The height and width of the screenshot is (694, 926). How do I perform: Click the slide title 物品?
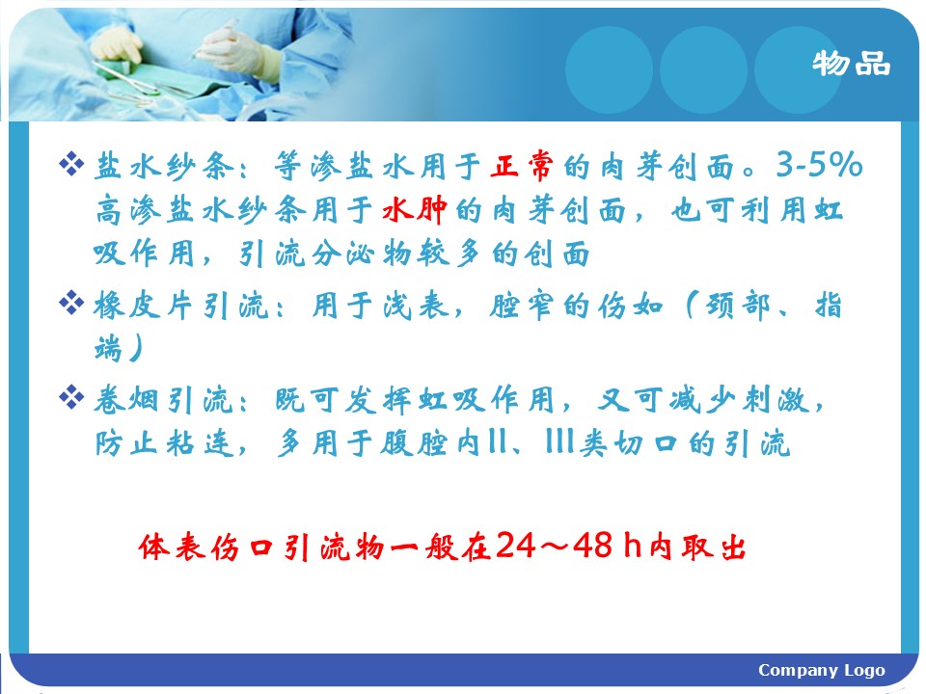851,64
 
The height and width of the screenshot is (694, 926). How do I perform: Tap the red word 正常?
522,165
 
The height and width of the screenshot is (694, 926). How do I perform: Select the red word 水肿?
414,209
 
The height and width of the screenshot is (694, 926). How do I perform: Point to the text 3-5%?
819,164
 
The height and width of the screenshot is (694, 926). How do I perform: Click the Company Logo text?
822,671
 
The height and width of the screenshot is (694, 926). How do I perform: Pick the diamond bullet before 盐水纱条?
71,164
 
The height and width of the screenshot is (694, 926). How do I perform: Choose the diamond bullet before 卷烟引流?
71,396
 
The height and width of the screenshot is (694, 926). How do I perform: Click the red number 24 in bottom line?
515,545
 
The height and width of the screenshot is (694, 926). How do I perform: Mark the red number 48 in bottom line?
592,545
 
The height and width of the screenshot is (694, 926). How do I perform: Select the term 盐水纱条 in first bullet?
164,166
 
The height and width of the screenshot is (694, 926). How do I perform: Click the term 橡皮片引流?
181,306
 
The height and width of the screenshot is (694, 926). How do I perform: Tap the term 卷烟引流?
164,400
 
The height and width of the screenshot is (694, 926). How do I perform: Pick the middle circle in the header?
703,69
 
